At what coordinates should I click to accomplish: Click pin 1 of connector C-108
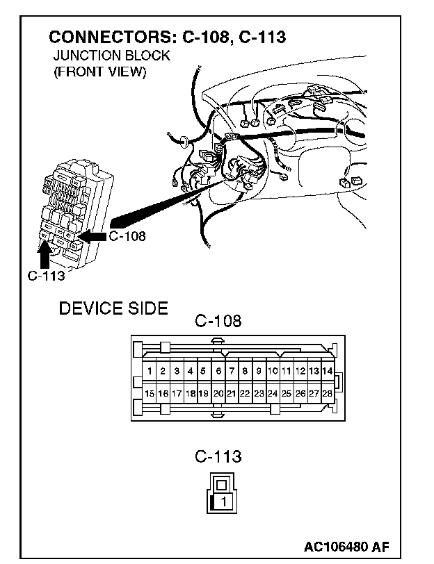150,371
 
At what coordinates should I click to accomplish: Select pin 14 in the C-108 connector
327,371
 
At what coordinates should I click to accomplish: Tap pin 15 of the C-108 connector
150,393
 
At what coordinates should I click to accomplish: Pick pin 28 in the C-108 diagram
327,393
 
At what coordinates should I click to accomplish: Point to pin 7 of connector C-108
232,371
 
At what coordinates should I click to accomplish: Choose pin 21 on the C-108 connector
232,393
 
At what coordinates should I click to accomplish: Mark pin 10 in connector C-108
273,371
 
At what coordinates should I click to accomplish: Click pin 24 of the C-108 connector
273,393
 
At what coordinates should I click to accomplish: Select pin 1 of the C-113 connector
223,500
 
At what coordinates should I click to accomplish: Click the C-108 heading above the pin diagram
218,321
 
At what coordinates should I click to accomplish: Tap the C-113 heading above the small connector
218,456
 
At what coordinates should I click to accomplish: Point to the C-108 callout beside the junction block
127,236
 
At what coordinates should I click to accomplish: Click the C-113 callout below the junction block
46,275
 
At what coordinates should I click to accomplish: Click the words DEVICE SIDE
113,308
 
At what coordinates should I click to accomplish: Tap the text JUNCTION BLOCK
111,56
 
